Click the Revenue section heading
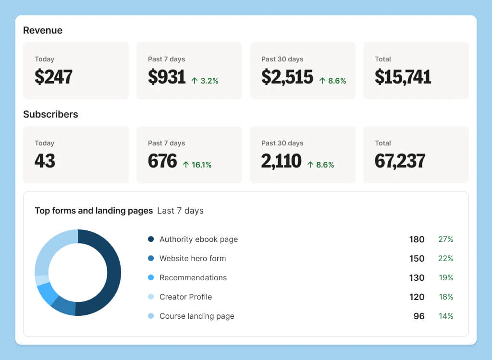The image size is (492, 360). [43, 30]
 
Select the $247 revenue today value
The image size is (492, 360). [53, 77]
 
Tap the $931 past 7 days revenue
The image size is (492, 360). [167, 77]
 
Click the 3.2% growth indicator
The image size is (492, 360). [205, 81]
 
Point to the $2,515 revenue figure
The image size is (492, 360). [287, 77]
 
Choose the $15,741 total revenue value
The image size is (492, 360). [403, 77]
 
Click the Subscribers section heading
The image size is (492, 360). [50, 114]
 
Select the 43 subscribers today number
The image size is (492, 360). [45, 161]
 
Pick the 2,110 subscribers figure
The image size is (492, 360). [281, 161]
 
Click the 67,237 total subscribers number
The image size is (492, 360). [400, 161]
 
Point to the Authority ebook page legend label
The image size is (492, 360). [198, 239]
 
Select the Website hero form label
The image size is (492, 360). [192, 258]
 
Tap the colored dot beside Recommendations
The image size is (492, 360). [151, 277]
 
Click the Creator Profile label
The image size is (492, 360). [185, 297]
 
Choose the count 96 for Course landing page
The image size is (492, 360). [419, 316]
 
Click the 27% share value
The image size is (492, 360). [445, 239]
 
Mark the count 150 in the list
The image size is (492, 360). [417, 258]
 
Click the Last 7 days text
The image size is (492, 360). [180, 211]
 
